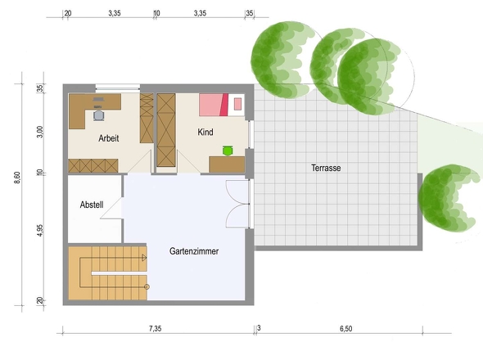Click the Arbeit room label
pyautogui.click(x=108, y=138)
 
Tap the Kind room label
pyautogui.click(x=205, y=132)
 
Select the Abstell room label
pyautogui.click(x=92, y=205)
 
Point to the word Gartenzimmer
pyautogui.click(x=194, y=251)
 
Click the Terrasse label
pyautogui.click(x=326, y=169)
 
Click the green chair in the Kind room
pyautogui.click(x=228, y=151)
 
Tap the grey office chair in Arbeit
pyautogui.click(x=98, y=115)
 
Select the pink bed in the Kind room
pyautogui.click(x=222, y=105)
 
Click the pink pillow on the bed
pyautogui.click(x=237, y=104)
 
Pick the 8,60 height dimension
pyautogui.click(x=17, y=178)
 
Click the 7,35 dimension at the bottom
pyautogui.click(x=156, y=329)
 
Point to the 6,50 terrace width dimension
pyautogui.click(x=346, y=329)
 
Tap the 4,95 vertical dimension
pyautogui.click(x=40, y=231)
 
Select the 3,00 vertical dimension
pyautogui.click(x=40, y=132)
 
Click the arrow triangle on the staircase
pyautogui.click(x=144, y=258)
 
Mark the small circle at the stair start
pyautogui.click(x=147, y=286)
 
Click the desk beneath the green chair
pyautogui.click(x=227, y=164)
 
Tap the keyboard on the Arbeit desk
pyautogui.click(x=98, y=99)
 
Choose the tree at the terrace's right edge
pyautogui.click(x=448, y=199)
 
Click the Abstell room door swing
pyautogui.click(x=111, y=208)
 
